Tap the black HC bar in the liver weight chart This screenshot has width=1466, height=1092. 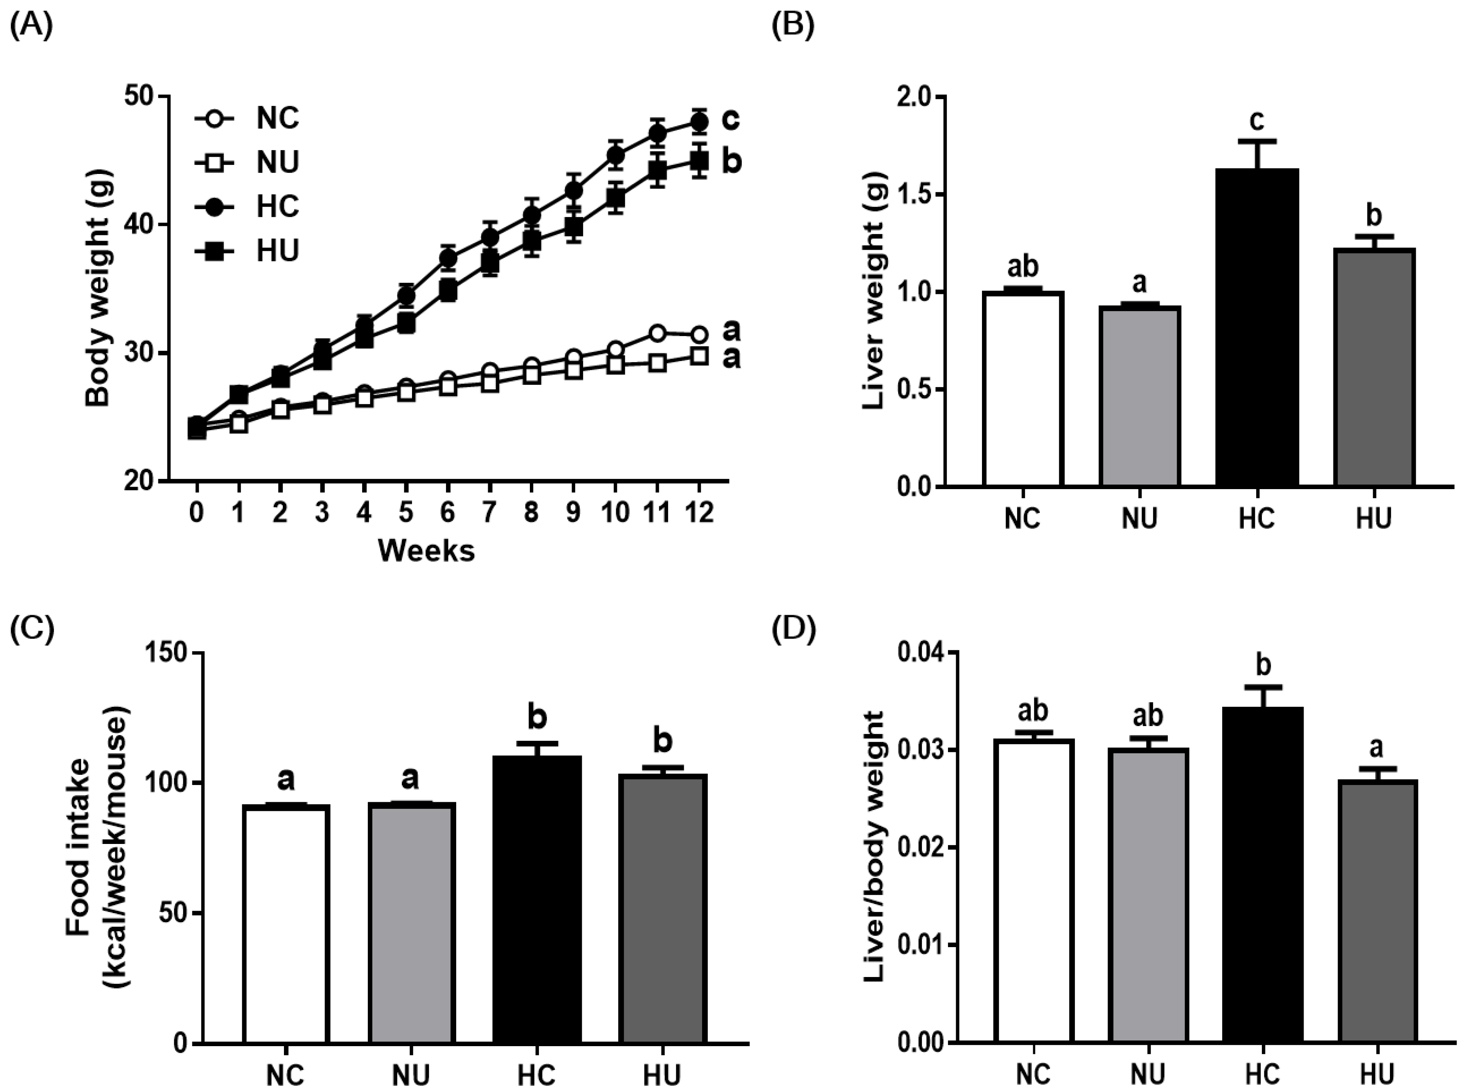point(1256,327)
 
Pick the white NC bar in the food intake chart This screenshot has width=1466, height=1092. point(286,924)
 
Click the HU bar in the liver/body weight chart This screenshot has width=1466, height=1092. point(1376,912)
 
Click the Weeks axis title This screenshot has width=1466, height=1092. point(426,551)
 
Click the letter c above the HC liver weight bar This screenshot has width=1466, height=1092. point(1257,121)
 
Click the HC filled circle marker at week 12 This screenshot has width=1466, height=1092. point(699,122)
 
